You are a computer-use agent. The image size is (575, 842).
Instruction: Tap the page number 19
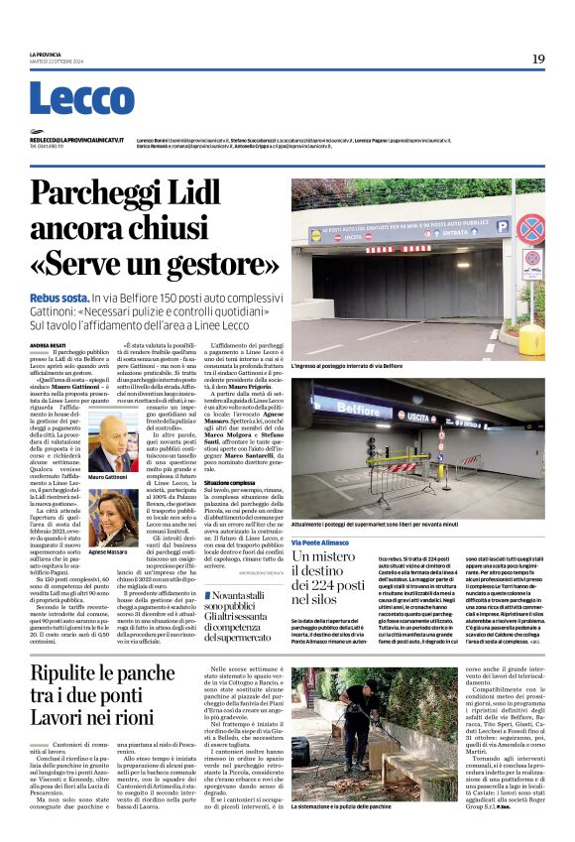coord(537,60)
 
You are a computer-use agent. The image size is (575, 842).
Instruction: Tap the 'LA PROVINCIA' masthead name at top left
coord(46,55)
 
